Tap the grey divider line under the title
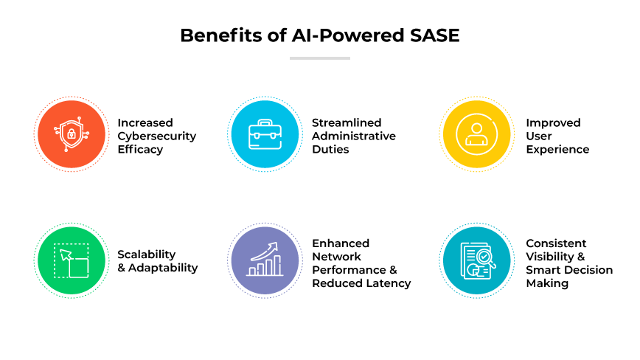tap(319, 58)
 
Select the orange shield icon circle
tap(70, 135)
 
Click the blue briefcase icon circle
tap(262, 135)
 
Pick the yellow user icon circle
tap(476, 135)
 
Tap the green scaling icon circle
tap(70, 260)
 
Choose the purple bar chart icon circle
tap(262, 260)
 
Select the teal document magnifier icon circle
tap(476, 260)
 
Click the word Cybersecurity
tap(157, 136)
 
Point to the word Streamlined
tap(347, 122)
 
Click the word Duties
tap(330, 149)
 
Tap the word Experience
tap(557, 149)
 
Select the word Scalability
tap(147, 255)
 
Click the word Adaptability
tap(163, 268)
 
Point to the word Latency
tap(388, 283)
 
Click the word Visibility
tap(550, 257)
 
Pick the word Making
tap(547, 283)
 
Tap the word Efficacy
tap(140, 149)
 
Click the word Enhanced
tap(341, 243)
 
